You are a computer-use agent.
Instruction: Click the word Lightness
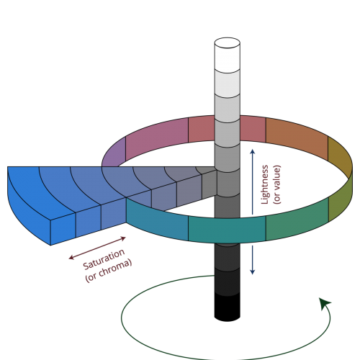(x=264, y=184)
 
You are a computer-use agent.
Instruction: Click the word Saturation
(x=104, y=259)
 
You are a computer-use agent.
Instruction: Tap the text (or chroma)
(x=109, y=270)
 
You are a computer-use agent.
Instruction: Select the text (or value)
(x=276, y=184)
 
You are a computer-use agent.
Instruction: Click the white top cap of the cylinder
(x=228, y=42)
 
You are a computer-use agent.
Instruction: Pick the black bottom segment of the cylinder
(x=228, y=307)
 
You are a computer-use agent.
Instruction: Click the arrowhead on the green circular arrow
(x=325, y=303)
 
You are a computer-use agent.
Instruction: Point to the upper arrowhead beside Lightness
(x=252, y=152)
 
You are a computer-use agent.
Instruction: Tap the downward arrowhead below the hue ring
(x=252, y=272)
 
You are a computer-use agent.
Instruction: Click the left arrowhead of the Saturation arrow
(x=71, y=258)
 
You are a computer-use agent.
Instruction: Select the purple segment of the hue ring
(x=114, y=152)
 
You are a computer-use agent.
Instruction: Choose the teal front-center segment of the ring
(x=227, y=230)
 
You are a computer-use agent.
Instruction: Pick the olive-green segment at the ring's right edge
(x=341, y=200)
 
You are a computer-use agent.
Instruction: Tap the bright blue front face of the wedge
(x=63, y=228)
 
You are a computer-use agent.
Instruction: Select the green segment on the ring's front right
(x=297, y=219)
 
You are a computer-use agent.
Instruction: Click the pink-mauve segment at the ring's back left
(x=157, y=139)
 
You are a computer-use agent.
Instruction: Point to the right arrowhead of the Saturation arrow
(x=123, y=238)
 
